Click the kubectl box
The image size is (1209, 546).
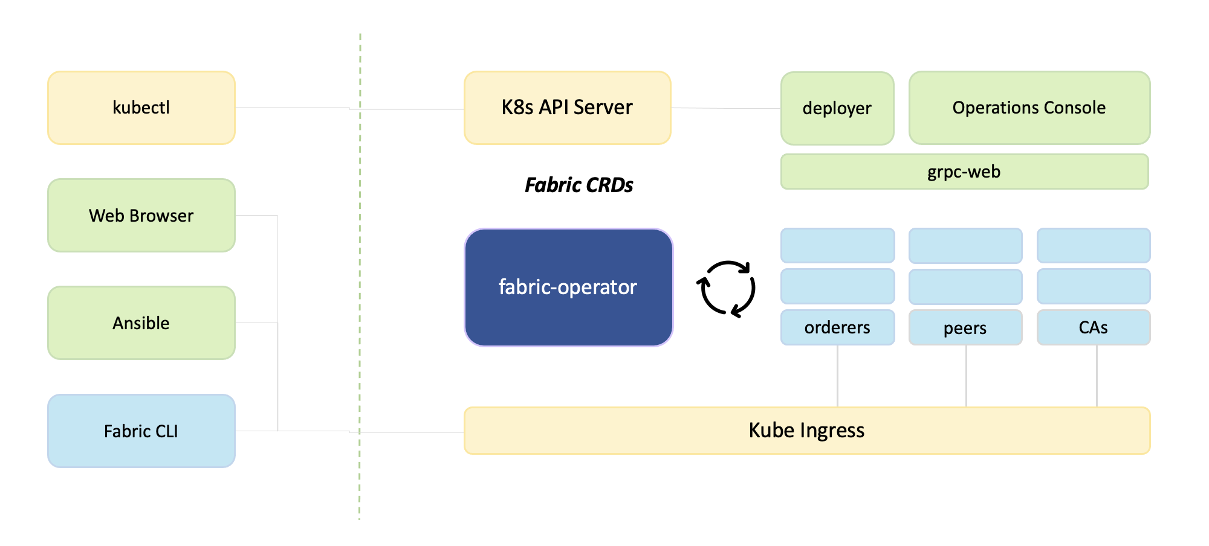tap(141, 108)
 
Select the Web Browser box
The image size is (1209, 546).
tap(141, 215)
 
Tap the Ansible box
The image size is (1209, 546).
tap(141, 323)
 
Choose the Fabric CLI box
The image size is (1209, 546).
tap(141, 431)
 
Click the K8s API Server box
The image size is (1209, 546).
tap(567, 108)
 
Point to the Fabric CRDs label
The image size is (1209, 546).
tap(579, 185)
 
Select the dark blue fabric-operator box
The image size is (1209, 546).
tap(568, 287)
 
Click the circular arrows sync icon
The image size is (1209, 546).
tap(726, 288)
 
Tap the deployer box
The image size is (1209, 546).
tap(837, 108)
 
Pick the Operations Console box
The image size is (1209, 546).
tap(1029, 108)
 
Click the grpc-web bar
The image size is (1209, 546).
tap(964, 172)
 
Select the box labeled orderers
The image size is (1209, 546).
tap(837, 327)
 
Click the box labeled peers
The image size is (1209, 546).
tap(965, 327)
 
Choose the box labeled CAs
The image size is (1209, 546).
tap(1093, 327)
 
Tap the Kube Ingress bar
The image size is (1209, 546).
tap(806, 430)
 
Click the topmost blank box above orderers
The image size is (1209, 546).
tap(837, 245)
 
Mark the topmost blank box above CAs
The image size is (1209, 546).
tap(1093, 245)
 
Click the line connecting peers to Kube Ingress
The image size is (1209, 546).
tap(966, 376)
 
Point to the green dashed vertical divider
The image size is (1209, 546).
tap(360, 272)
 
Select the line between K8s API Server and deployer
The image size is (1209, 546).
tap(725, 108)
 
